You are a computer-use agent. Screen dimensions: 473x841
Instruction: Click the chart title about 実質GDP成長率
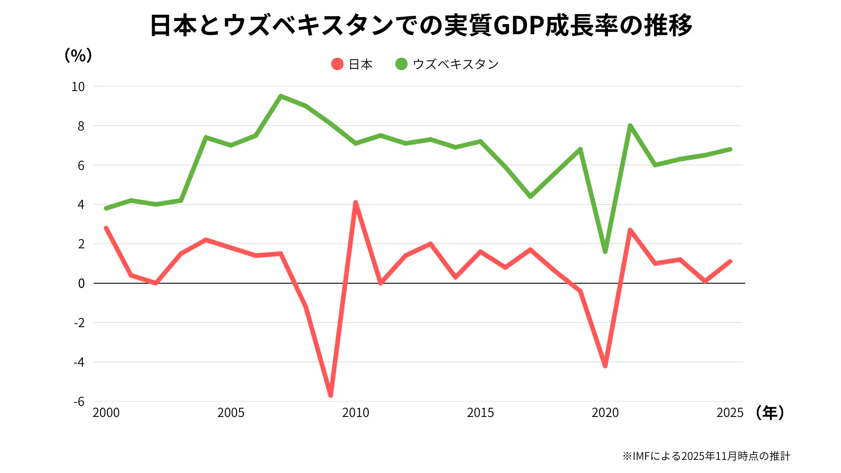pyautogui.click(x=420, y=25)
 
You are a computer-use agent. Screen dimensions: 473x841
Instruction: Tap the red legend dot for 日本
pyautogui.click(x=337, y=64)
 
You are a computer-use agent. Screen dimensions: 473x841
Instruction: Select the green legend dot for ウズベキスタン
pyautogui.click(x=401, y=64)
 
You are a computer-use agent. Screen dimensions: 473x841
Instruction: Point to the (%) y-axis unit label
pyautogui.click(x=78, y=55)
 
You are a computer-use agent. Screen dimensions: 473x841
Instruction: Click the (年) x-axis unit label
pyautogui.click(x=770, y=413)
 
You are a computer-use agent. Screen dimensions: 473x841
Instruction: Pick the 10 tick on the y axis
pyautogui.click(x=78, y=87)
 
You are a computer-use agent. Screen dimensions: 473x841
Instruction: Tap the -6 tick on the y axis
pyautogui.click(x=79, y=402)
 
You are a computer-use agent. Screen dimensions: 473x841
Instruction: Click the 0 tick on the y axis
pyautogui.click(x=81, y=283)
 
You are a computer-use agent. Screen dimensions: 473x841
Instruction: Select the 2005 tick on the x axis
pyautogui.click(x=231, y=413)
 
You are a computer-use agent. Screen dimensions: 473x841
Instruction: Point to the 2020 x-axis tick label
pyautogui.click(x=605, y=413)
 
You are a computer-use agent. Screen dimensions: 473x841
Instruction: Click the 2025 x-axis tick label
pyautogui.click(x=730, y=413)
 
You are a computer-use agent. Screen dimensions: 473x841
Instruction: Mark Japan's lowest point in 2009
pyautogui.click(x=331, y=395)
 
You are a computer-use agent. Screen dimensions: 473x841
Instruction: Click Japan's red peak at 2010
pyautogui.click(x=356, y=203)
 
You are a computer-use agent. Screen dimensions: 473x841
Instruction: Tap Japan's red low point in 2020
pyautogui.click(x=605, y=366)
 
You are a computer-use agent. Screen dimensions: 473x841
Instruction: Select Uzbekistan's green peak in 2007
pyautogui.click(x=281, y=96)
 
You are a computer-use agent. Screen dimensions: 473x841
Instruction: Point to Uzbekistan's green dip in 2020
pyautogui.click(x=605, y=252)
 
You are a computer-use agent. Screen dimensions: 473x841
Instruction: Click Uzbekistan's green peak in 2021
pyautogui.click(x=630, y=126)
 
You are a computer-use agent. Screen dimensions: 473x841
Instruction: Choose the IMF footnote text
pyautogui.click(x=706, y=456)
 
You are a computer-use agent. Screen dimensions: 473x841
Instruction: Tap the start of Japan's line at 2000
pyautogui.click(x=106, y=228)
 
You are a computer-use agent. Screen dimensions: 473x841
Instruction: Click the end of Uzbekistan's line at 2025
pyautogui.click(x=730, y=149)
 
